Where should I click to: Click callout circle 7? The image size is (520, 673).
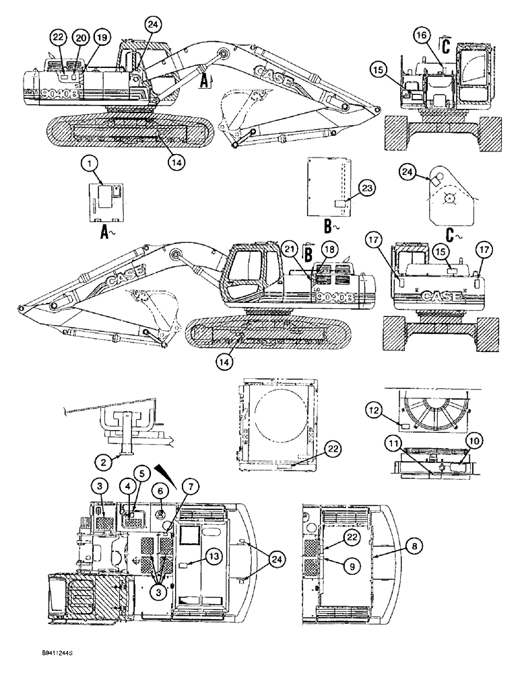click(188, 485)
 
